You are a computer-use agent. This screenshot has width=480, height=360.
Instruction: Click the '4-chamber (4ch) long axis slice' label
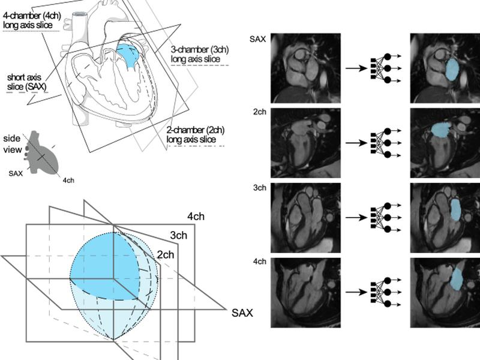point(32,20)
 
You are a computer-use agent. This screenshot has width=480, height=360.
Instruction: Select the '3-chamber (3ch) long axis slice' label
point(200,54)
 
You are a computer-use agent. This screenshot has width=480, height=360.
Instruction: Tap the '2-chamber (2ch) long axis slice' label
point(196,134)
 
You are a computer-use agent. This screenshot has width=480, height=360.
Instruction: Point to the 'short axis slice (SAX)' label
point(27,82)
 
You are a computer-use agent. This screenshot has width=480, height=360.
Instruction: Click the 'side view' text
point(13,144)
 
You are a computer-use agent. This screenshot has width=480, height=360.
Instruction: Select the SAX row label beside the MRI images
point(258,39)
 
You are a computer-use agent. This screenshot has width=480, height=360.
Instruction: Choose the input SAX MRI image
point(305,68)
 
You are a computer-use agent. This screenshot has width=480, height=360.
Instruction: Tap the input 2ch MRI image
point(305,143)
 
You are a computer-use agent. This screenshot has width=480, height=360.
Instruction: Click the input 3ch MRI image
point(305,218)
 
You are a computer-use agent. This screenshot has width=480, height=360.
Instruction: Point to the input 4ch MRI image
point(305,293)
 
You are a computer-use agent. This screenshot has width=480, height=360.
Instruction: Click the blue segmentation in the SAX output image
point(453,70)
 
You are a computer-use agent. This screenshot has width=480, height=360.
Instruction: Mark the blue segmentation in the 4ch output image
point(457,280)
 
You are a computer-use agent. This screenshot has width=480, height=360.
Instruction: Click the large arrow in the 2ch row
point(356,143)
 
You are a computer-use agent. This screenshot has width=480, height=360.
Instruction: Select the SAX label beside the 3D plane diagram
point(242,313)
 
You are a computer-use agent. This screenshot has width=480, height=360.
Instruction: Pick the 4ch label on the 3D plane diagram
point(196,217)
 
